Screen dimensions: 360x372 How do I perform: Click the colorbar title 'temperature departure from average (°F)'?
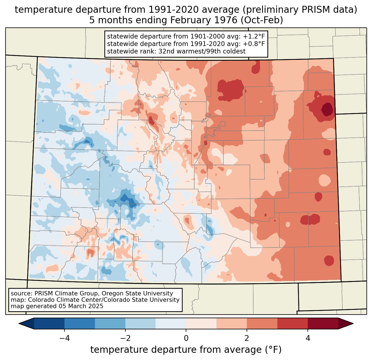click(186, 350)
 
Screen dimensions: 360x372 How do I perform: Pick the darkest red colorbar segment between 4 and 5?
click(323, 323)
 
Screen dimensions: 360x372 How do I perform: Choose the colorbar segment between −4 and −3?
click(80, 323)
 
